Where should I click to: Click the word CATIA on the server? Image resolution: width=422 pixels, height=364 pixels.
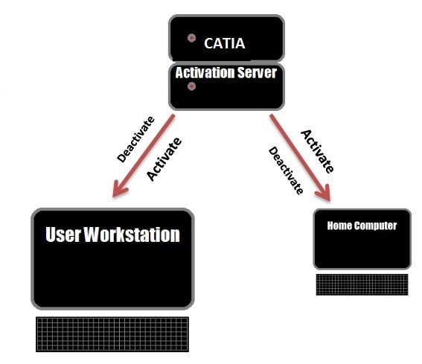[x=225, y=43]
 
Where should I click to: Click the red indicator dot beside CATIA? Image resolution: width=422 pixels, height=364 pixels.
[x=191, y=38]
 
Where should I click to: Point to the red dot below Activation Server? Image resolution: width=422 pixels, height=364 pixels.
[x=191, y=86]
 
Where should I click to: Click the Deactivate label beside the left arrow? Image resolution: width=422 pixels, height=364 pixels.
[x=136, y=139]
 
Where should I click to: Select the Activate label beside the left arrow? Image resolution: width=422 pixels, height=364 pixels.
[x=164, y=159]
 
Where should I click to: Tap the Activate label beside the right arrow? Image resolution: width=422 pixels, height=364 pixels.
[x=318, y=151]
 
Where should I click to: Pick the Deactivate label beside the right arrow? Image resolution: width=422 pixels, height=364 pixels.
[x=286, y=170]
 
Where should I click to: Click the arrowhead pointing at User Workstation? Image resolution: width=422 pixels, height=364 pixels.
[x=118, y=190]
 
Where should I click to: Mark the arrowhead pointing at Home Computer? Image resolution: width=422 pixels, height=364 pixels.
[x=324, y=194]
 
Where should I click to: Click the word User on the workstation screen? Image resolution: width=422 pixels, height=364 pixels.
[x=63, y=234]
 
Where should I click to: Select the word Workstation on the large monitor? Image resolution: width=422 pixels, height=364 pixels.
[x=132, y=234]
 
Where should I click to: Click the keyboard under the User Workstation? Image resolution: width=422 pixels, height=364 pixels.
[x=112, y=334]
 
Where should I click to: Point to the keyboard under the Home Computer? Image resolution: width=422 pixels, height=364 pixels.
[x=362, y=284]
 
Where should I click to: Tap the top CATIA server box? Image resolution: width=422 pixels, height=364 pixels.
[x=226, y=38]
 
